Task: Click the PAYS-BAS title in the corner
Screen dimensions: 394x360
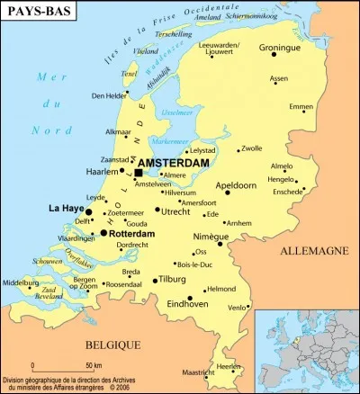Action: point(39,14)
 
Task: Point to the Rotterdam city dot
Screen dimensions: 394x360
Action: point(103,233)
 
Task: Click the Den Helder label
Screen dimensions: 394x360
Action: point(109,95)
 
